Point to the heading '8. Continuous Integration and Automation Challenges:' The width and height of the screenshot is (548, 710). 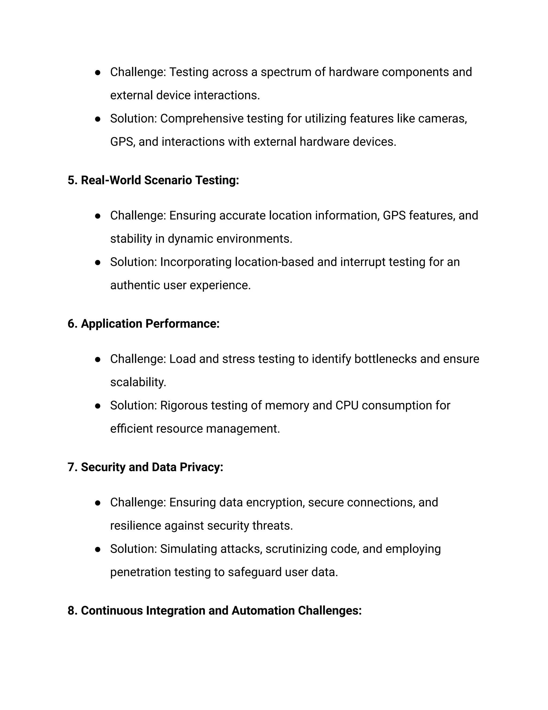point(214,611)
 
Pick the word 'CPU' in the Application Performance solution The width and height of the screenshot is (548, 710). point(347,405)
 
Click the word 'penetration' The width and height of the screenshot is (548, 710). point(140,572)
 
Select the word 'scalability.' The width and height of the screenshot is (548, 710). point(138,382)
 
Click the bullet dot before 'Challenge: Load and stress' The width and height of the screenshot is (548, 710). point(97,359)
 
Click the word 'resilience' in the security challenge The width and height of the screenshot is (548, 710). point(135,526)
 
